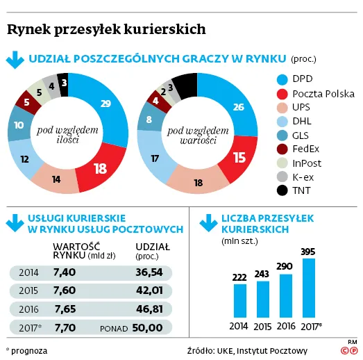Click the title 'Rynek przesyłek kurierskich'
[x=106, y=29]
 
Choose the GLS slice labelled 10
[x=19, y=126]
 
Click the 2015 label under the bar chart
[x=262, y=325]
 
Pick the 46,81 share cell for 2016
[x=148, y=309]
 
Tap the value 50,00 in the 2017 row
[x=147, y=327]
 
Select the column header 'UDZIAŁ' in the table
[x=151, y=246]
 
